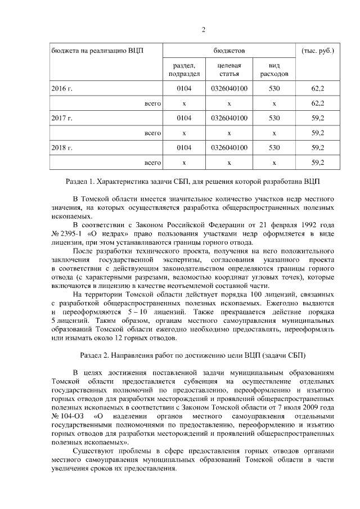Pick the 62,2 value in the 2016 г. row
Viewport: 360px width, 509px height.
point(318,88)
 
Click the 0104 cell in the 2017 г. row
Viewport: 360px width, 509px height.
point(184,118)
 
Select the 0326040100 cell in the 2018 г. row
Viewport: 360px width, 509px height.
point(229,148)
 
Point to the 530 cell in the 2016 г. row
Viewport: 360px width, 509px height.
point(274,88)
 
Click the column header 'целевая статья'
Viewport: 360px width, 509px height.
point(229,69)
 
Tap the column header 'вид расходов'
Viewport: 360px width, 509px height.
point(274,69)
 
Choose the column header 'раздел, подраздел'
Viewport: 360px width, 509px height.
point(184,69)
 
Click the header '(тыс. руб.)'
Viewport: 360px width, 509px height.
point(318,50)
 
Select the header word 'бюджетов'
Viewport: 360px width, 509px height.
point(229,50)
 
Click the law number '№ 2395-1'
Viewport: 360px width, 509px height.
point(66,231)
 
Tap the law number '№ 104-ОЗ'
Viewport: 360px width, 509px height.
point(65,415)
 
